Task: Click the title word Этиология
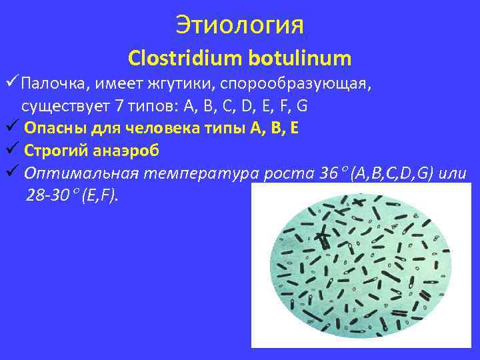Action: coord(240,25)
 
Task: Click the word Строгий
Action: coord(55,149)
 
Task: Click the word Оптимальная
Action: coord(80,173)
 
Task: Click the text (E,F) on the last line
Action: coord(99,195)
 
